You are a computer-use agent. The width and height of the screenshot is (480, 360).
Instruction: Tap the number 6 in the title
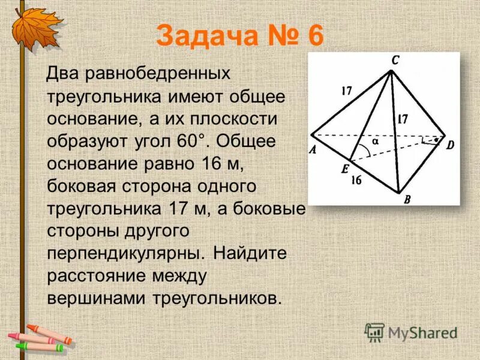tap(315, 37)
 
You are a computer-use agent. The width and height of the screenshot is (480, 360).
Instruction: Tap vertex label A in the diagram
tap(313, 151)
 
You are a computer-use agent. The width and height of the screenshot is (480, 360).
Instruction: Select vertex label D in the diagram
tap(451, 143)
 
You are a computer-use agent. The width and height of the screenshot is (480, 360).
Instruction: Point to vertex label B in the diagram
tap(406, 200)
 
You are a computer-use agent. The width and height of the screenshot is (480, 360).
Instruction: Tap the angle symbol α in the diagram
tap(375, 142)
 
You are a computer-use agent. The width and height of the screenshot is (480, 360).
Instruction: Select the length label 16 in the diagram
tap(356, 179)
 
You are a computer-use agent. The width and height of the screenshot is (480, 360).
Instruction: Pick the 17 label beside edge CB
tap(402, 119)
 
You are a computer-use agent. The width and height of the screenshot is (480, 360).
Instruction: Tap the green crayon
tap(39, 346)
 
